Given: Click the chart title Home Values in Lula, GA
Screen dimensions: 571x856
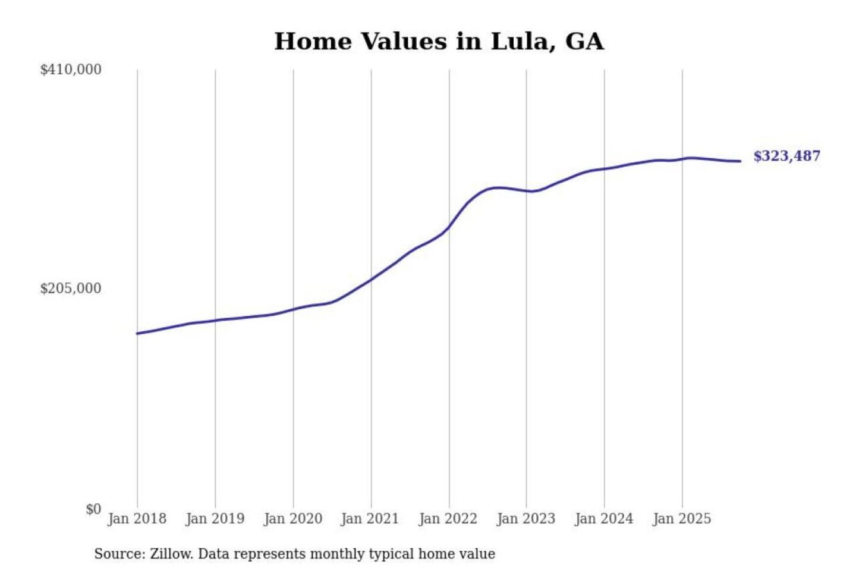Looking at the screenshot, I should point(439,42).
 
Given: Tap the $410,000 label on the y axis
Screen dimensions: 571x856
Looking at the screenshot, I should point(71,70).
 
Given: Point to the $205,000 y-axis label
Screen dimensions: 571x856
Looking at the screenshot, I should point(71,288).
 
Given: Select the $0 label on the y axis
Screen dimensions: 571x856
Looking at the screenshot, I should point(93,509).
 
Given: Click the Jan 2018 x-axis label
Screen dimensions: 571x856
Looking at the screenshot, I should point(137,519).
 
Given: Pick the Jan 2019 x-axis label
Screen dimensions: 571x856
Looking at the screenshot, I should point(215,519).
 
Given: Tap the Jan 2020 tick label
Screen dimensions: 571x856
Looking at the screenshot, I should point(292,519).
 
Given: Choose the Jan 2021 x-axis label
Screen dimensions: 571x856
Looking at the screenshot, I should point(370,519).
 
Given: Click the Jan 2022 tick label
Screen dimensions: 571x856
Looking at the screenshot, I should point(448,519).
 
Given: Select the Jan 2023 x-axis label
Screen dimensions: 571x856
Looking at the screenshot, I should point(525,519).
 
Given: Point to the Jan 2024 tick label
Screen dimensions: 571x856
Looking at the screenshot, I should point(603,519).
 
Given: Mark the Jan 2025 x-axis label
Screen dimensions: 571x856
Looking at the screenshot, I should point(681,519).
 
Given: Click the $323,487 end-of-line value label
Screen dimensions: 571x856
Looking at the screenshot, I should point(786,156).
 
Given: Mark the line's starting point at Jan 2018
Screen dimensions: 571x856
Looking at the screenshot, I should point(137,333).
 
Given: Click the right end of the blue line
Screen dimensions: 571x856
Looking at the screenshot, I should point(740,161).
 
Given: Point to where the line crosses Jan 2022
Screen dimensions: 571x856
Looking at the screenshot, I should point(449,227).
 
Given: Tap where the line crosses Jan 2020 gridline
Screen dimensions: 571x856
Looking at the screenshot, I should point(293,309).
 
